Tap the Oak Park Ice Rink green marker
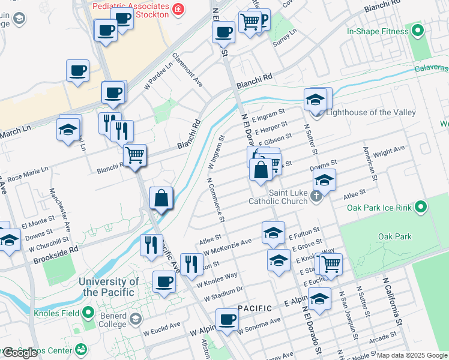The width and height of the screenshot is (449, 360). pyautogui.click(x=421, y=208)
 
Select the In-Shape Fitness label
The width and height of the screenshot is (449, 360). pyautogui.click(x=376, y=31)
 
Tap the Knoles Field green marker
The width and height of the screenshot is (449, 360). pyautogui.click(x=88, y=312)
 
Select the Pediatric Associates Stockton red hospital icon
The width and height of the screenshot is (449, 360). pyautogui.click(x=178, y=9)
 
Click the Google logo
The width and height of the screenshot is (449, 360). pyautogui.click(x=20, y=353)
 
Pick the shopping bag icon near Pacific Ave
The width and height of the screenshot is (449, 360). pyautogui.click(x=161, y=197)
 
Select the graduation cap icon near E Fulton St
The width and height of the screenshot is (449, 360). pyautogui.click(x=273, y=232)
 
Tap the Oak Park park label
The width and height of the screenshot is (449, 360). pyautogui.click(x=395, y=236)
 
